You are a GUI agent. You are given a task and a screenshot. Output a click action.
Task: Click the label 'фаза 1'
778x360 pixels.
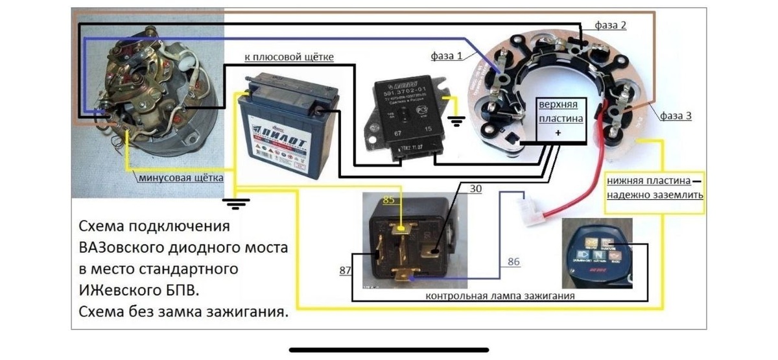[447, 56]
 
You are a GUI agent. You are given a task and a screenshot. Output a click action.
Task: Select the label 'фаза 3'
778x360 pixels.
[676, 116]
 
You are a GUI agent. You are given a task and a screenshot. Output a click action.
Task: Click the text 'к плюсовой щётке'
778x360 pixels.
[289, 58]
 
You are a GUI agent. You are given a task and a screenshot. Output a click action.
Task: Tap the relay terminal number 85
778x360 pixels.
[388, 201]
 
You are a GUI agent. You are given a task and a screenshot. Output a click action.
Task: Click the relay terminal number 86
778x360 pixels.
[512, 262]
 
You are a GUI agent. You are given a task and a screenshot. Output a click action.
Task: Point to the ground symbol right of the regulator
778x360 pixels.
[456, 121]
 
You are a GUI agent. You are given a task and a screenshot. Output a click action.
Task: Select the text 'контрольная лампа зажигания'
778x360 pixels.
[501, 296]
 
